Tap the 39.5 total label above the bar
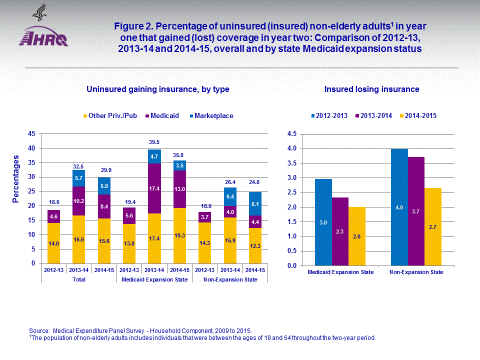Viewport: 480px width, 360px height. pos(154,142)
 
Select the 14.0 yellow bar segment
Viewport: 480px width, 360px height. pos(53,243)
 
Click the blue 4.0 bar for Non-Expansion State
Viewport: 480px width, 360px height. pos(399,206)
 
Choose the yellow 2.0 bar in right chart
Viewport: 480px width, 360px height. pos(357,236)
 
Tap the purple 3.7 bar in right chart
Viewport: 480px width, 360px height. pos(415,211)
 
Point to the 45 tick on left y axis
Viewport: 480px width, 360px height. pos(31,134)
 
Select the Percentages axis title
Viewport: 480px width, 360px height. pos(16,178)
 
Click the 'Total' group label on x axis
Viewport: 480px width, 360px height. pos(79,279)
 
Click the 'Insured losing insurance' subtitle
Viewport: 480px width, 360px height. pos(371,89)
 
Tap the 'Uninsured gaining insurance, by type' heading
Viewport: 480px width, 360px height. pos(157,89)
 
